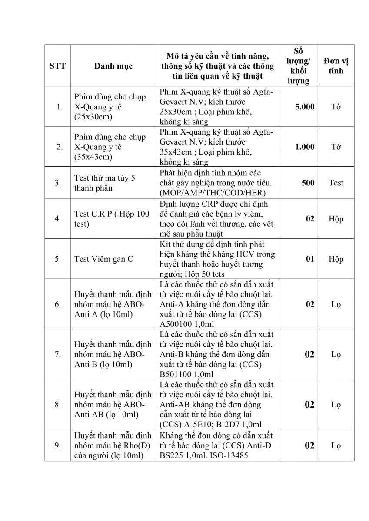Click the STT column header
tap(58, 66)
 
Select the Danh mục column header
tap(113, 66)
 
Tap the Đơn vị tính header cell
tap(336, 66)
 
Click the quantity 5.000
tap(305, 107)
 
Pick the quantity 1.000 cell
tap(305, 147)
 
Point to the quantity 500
tap(308, 183)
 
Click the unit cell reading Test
tap(336, 183)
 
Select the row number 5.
tap(58, 259)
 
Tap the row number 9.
tap(58, 445)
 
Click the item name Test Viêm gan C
tap(104, 259)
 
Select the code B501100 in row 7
tap(176, 374)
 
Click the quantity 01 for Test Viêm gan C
tap(309, 259)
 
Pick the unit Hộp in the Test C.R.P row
tap(336, 219)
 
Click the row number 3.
tap(58, 183)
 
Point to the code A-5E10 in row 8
tap(199, 425)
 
